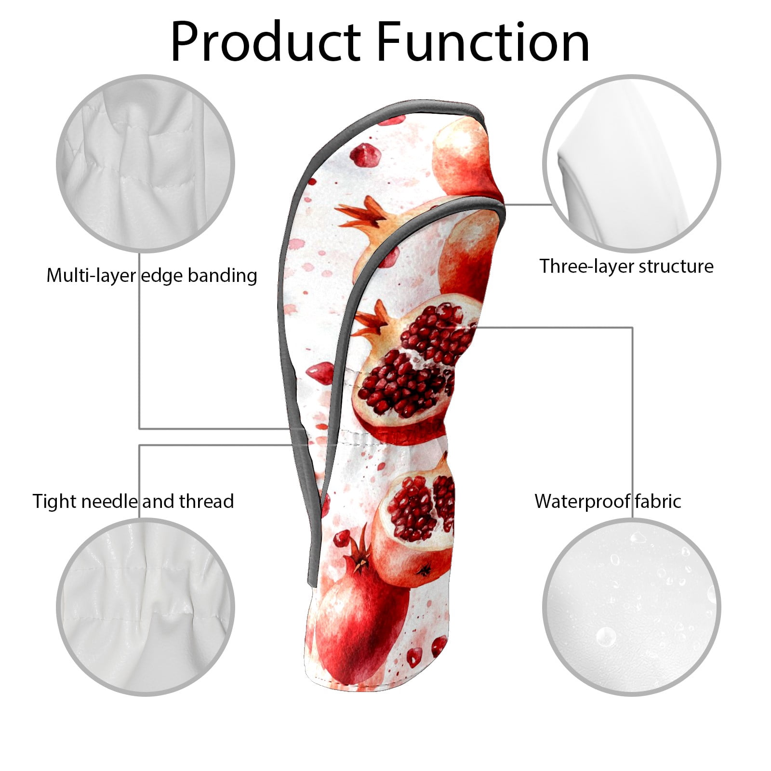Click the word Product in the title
(266, 42)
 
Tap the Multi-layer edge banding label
(152, 276)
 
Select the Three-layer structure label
(626, 266)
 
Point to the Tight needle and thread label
(133, 501)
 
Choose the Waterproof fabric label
(608, 501)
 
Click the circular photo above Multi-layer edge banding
(146, 163)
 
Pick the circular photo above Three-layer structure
(631, 163)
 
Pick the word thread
(207, 501)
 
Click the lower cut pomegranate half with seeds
(417, 523)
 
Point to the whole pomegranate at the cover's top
(465, 159)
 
